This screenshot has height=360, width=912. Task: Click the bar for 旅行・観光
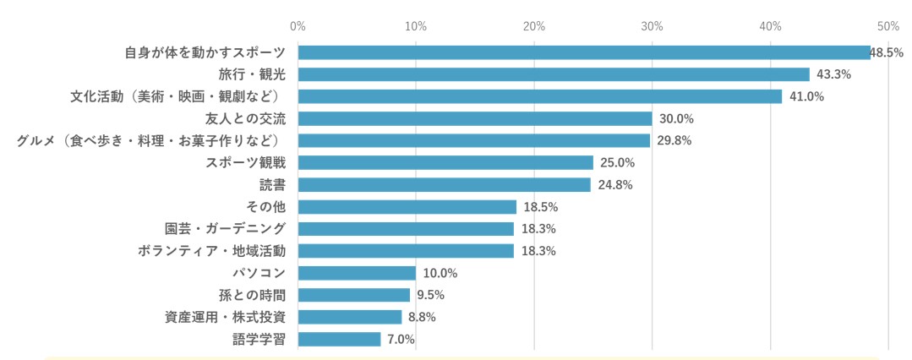(x=554, y=74)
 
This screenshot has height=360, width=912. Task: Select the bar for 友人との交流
(x=475, y=118)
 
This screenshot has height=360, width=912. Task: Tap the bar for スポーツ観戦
(x=445, y=162)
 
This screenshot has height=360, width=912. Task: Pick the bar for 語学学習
(x=339, y=339)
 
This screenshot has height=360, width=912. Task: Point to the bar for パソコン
(x=357, y=273)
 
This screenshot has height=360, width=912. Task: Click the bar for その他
(x=407, y=207)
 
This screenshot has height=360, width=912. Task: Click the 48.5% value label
(x=887, y=52)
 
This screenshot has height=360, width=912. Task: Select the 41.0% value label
(x=806, y=96)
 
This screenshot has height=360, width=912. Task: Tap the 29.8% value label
(x=674, y=140)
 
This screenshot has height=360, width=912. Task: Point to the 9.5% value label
(x=430, y=295)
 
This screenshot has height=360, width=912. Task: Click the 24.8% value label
(x=614, y=184)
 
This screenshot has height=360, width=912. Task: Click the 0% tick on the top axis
(x=298, y=26)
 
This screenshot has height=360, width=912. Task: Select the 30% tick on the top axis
(x=652, y=26)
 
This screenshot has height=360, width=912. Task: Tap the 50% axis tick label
(x=887, y=26)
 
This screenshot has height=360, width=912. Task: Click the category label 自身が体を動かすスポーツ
(x=205, y=52)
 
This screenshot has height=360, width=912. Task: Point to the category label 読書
(x=272, y=184)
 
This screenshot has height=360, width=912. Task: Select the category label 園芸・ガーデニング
(x=225, y=229)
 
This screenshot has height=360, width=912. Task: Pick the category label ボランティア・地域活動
(x=211, y=251)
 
